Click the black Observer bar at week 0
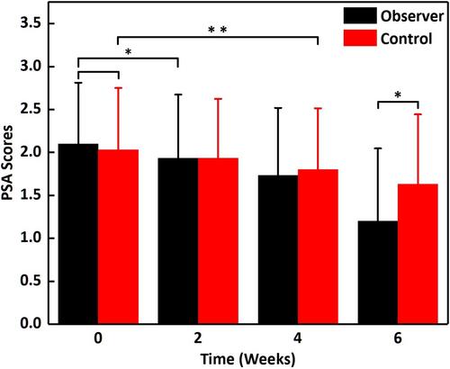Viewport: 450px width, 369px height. (x=78, y=234)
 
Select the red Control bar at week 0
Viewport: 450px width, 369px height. (x=118, y=237)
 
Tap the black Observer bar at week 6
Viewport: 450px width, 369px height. (x=378, y=273)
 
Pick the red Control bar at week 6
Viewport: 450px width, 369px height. (x=418, y=254)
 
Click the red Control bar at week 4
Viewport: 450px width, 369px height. (x=318, y=247)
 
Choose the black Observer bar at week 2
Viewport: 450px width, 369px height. (x=178, y=241)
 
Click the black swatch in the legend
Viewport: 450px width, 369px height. (x=360, y=15)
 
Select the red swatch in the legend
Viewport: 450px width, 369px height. (x=360, y=38)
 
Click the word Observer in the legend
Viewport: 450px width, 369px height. (x=412, y=16)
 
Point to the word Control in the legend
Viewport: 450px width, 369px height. (x=406, y=39)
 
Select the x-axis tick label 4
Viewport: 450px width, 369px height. (x=298, y=338)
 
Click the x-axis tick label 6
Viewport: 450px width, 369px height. (x=398, y=338)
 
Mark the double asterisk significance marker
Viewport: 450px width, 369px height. (x=218, y=30)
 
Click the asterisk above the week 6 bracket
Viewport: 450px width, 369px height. (x=398, y=95)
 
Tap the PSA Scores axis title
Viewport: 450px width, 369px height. (x=7, y=163)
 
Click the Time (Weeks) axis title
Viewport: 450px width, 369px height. (x=247, y=359)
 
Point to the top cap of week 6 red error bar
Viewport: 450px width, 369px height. (x=418, y=114)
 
